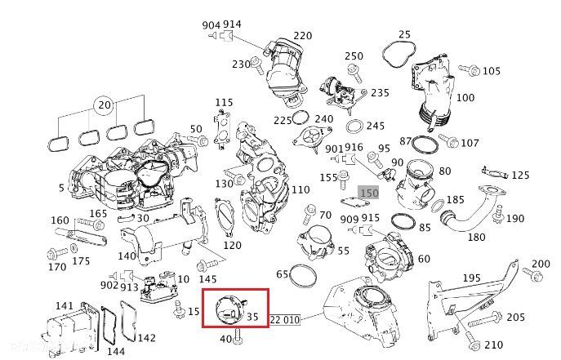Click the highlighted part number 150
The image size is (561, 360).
coord(369,193)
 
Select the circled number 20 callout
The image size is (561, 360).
coord(103,104)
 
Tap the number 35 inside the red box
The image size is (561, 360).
coord(252,316)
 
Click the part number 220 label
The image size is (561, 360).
coord(303,36)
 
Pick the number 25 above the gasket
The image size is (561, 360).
coord(404,34)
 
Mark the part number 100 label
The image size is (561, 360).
coord(465,97)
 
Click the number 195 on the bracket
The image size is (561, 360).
coord(472,278)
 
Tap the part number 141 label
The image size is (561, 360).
coord(65,305)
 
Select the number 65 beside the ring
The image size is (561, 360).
coord(283,273)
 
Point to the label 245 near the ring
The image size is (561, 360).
coord(375,126)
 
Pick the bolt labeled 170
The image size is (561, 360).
coord(56,251)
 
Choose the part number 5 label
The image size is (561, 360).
coord(61,188)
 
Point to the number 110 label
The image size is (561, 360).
coord(301,189)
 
